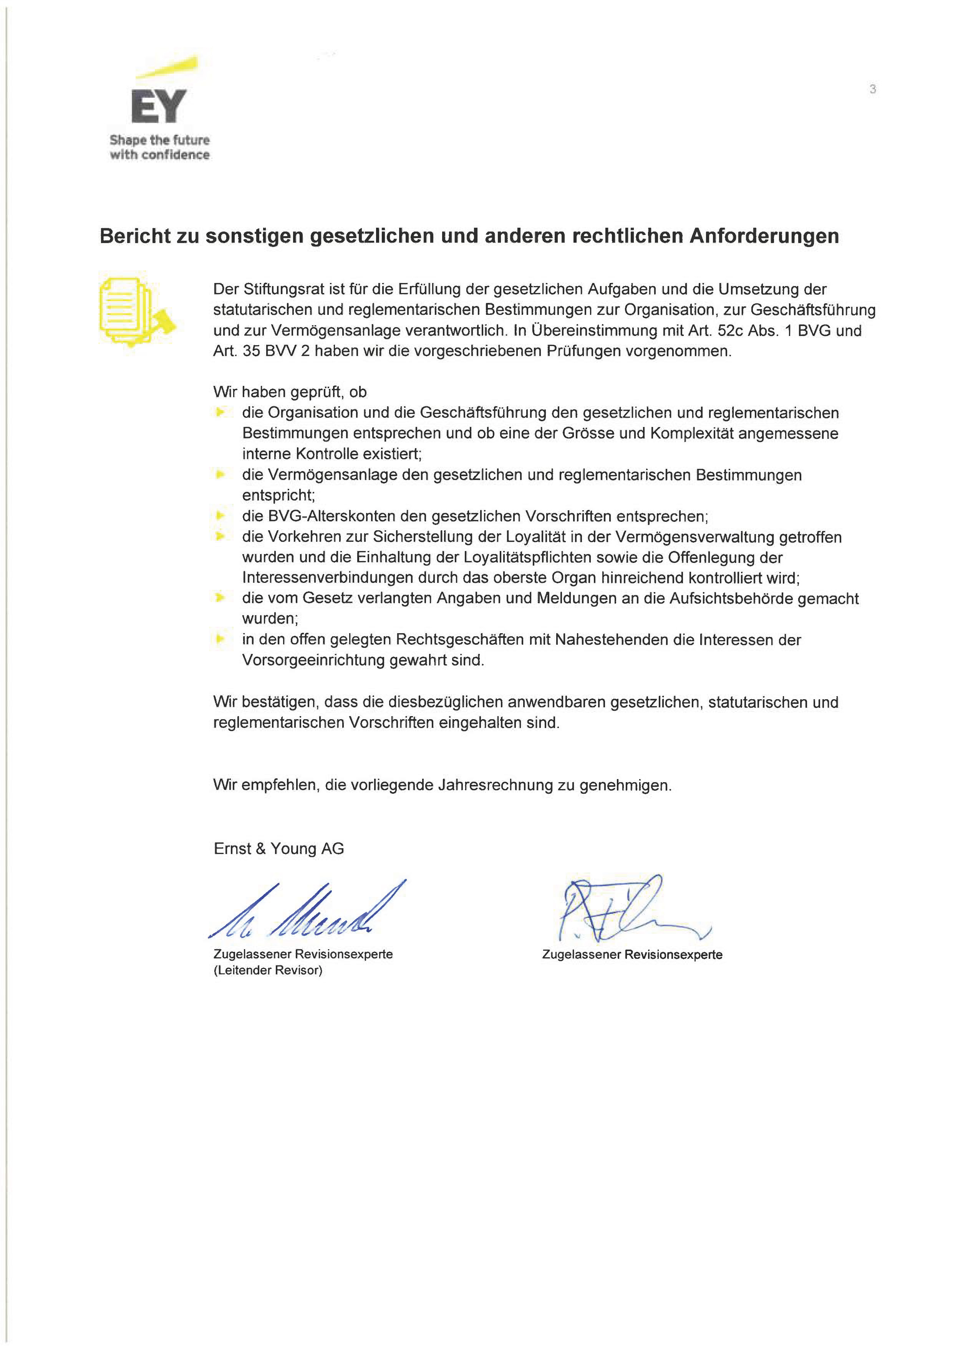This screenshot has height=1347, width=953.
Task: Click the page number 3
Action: (x=873, y=89)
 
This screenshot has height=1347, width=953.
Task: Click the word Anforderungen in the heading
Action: (x=764, y=236)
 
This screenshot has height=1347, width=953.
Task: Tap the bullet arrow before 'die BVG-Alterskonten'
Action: (x=220, y=516)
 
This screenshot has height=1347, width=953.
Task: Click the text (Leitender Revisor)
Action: (x=268, y=970)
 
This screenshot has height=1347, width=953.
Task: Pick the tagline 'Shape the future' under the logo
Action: (x=159, y=140)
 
